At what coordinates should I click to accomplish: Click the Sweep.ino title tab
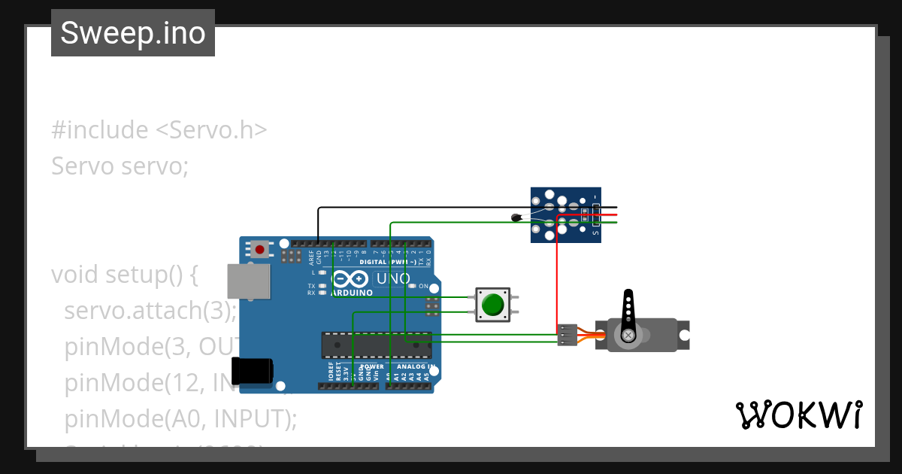[133, 33]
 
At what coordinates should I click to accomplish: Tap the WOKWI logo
[798, 415]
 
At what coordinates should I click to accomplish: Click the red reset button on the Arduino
[260, 248]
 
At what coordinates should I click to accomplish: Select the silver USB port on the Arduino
[248, 281]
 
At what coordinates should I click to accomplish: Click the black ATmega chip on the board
[376, 345]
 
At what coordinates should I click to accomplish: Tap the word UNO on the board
[393, 279]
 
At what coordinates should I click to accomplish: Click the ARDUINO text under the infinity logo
[351, 292]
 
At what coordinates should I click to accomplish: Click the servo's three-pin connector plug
[568, 335]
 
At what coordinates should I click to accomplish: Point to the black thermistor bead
[516, 218]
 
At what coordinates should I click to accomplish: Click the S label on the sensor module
[596, 233]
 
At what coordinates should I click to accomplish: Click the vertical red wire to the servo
[557, 278]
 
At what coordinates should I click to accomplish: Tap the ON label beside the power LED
[423, 287]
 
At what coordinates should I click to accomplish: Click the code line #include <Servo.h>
[159, 130]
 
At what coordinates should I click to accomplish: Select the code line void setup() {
[124, 275]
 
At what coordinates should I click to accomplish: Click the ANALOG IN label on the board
[416, 367]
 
